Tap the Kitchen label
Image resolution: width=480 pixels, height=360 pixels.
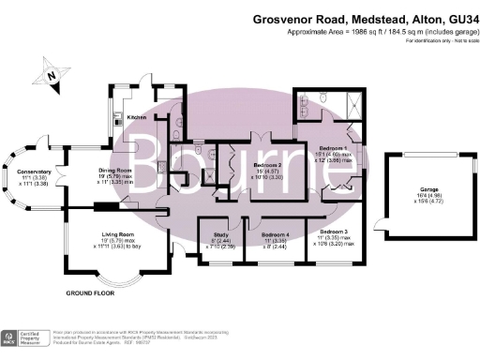point(137,117)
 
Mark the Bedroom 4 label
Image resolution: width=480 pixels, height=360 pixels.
point(274,234)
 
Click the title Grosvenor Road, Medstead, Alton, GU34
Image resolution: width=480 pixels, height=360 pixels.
point(366,18)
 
